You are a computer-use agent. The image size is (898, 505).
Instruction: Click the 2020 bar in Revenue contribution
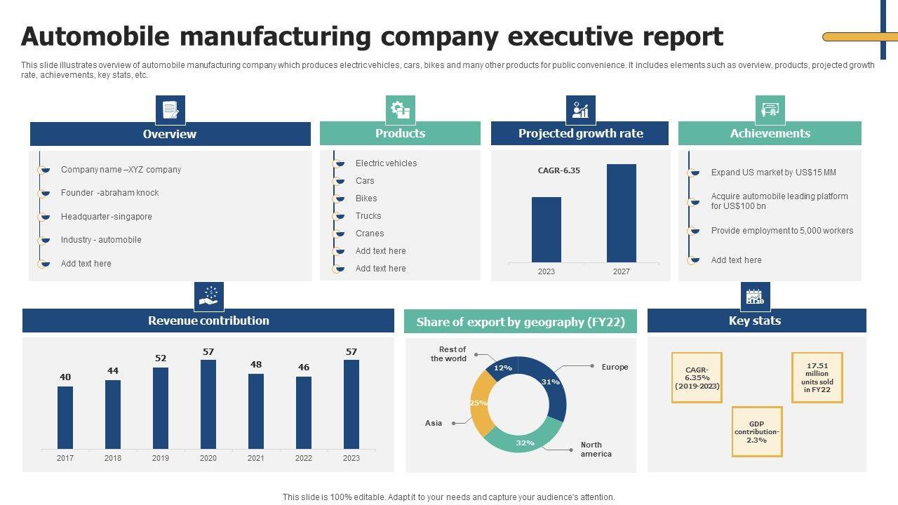[208, 404]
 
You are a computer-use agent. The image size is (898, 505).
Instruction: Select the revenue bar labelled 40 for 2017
[65, 417]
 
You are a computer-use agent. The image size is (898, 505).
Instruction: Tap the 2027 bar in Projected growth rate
[622, 213]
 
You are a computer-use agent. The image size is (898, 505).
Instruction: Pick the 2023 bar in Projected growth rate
[547, 229]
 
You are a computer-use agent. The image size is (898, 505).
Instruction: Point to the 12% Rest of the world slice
[502, 368]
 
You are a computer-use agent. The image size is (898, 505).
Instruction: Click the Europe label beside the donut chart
[615, 367]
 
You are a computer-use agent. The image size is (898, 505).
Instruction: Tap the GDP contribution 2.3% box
[757, 432]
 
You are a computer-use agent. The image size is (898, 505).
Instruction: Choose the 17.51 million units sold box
[817, 377]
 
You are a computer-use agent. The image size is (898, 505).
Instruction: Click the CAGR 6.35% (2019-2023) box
[697, 377]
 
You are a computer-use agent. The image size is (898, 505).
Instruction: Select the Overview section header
[170, 134]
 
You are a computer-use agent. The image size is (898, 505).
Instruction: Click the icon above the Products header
[400, 110]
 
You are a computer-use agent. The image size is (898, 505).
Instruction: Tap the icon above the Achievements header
[770, 110]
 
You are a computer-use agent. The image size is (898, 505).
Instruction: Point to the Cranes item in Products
[370, 234]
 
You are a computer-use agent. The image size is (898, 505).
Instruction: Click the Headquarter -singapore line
[107, 217]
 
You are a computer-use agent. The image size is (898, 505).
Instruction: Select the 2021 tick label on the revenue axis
[256, 458]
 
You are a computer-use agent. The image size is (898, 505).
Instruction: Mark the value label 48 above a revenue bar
[256, 365]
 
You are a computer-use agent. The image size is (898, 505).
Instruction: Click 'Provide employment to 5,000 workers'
[782, 231]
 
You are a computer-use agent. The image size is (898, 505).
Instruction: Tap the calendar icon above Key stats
[755, 297]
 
